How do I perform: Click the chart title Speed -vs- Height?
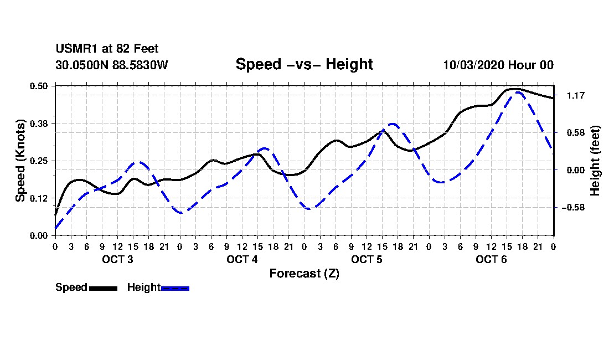point(304,64)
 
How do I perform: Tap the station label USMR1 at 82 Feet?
point(107,49)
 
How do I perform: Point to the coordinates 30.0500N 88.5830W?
point(112,65)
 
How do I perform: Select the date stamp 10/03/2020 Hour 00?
point(498,65)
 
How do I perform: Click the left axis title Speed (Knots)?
point(20,161)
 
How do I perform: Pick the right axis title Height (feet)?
point(595,161)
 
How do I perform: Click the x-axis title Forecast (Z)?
point(304,274)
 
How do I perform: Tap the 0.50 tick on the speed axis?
point(39,86)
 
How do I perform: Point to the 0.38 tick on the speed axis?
point(39,124)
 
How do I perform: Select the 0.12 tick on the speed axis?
point(39,198)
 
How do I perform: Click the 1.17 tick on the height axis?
point(576,95)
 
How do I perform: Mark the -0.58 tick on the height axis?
point(573,207)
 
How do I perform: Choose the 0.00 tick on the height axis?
point(576,170)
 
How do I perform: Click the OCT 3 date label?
point(118,259)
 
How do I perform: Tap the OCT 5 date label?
point(367,259)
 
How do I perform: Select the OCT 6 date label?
point(491,259)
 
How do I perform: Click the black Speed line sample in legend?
point(104,288)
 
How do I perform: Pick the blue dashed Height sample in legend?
point(175,288)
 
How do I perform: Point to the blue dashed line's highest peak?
point(518,92)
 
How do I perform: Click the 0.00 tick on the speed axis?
point(39,235)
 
